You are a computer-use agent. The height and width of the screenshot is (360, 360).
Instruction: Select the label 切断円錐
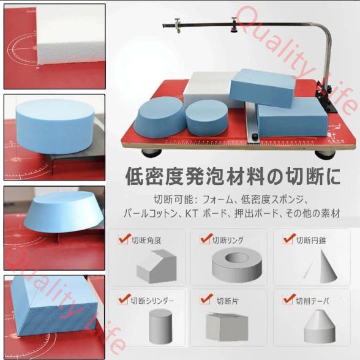tap(311, 240)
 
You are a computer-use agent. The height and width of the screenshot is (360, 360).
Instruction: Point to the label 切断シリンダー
tap(153, 301)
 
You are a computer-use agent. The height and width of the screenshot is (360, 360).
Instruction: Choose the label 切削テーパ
tap(312, 301)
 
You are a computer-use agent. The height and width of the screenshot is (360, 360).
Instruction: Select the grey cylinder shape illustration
tap(161, 326)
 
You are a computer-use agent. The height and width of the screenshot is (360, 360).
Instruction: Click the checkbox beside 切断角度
tap(122, 239)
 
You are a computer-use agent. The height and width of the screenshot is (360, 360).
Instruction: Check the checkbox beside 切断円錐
tap(287, 239)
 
